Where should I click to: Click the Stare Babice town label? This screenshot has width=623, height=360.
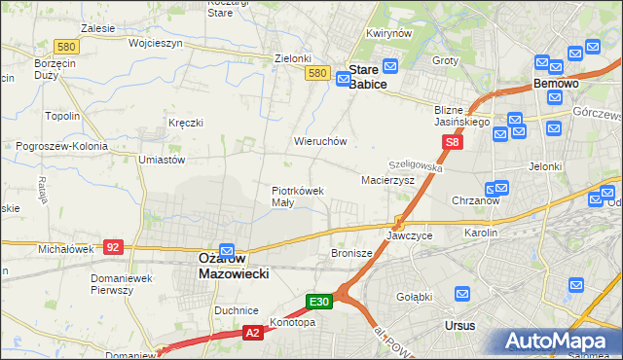(x=367, y=77)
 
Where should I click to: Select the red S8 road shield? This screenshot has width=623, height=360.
(x=452, y=142)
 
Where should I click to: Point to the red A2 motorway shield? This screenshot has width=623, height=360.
(x=252, y=334)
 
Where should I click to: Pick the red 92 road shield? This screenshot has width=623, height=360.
(x=113, y=247)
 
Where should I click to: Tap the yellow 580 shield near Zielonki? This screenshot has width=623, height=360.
(x=315, y=73)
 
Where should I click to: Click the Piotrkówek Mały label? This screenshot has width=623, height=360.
(x=297, y=197)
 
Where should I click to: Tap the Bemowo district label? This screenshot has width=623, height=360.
(x=557, y=85)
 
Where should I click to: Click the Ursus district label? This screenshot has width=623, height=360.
(x=459, y=325)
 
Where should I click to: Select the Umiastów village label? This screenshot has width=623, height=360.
(x=162, y=160)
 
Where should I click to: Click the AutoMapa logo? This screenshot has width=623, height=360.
(x=559, y=342)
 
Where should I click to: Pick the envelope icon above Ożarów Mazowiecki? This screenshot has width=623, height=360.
(x=227, y=249)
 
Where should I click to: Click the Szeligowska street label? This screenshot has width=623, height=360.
(x=416, y=167)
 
